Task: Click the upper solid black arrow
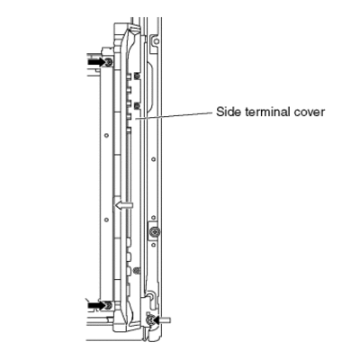(x=96, y=62)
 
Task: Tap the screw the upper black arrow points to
(x=109, y=62)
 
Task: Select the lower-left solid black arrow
(x=96, y=305)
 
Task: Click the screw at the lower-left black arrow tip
(x=109, y=305)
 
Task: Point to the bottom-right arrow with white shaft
(x=162, y=320)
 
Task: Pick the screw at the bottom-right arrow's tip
(x=149, y=320)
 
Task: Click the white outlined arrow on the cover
(x=124, y=205)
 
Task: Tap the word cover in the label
(x=309, y=112)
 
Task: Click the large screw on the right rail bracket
(x=155, y=231)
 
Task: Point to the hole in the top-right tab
(x=154, y=40)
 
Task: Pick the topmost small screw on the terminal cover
(x=138, y=76)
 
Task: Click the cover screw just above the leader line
(x=138, y=105)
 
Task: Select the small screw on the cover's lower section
(x=138, y=269)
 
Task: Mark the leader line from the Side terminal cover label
(x=174, y=116)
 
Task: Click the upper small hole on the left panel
(x=106, y=136)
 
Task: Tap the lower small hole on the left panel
(x=106, y=220)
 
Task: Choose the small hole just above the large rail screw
(x=154, y=217)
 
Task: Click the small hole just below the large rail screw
(x=154, y=245)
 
